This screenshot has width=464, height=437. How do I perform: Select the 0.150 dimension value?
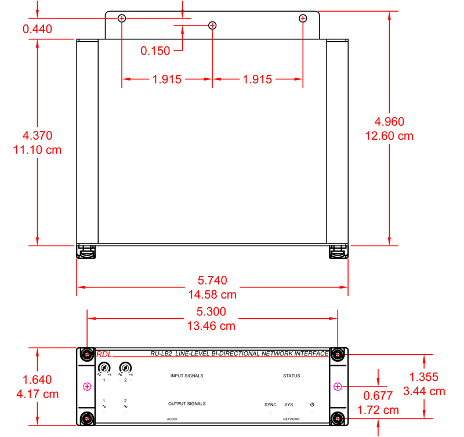coord(155,51)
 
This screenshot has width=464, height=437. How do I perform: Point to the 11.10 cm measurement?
coord(37,150)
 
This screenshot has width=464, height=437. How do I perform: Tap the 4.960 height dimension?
coord(390,121)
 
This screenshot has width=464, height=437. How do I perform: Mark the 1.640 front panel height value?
coord(37,380)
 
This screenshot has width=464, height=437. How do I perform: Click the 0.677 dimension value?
coord(378,396)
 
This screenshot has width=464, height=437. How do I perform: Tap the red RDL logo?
coord(103,355)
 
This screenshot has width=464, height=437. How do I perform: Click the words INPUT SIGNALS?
coord(187,376)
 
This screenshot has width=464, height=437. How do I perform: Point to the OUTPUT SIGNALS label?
coord(187,404)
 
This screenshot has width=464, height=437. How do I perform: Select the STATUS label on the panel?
coord(291,376)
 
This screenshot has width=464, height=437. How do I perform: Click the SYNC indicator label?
coord(270,405)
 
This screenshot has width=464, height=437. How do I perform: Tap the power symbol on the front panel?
coord(312,405)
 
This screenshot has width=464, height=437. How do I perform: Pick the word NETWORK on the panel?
coord(291,418)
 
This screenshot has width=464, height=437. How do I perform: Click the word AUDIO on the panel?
coord(172,418)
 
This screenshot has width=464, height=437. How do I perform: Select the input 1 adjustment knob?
coord(104,367)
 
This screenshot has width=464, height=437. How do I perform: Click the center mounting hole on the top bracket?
coord(212,25)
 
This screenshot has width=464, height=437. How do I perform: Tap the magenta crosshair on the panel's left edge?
coord(86,387)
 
